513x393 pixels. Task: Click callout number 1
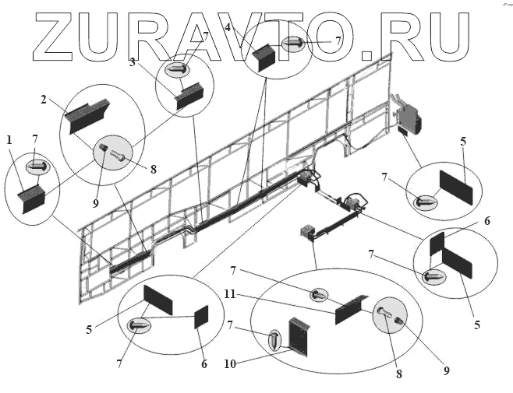[9, 140]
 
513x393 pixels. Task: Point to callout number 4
[227, 27]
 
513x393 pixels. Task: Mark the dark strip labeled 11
[353, 309]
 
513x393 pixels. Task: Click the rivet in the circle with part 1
[37, 166]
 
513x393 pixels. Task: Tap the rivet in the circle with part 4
[294, 42]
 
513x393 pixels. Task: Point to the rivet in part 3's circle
[176, 69]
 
